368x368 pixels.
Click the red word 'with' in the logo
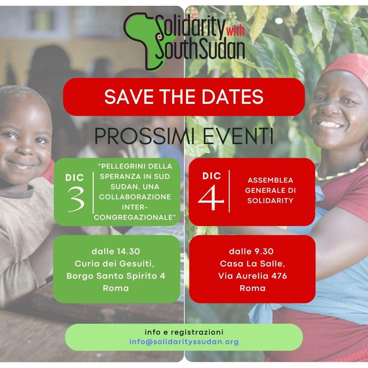coord(235,31)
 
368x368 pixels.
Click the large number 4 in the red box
coord(211,197)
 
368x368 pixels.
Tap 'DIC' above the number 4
coord(212,176)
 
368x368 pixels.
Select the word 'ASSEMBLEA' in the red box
coord(270,180)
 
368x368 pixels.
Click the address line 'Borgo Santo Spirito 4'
coord(116,276)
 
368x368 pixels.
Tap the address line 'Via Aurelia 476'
coord(252,276)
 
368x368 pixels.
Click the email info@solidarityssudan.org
coord(184,342)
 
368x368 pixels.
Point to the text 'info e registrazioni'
coord(184,332)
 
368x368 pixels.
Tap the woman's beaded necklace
coord(340,172)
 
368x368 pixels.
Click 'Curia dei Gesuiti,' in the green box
coord(114,264)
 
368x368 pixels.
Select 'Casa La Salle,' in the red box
coord(252,264)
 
